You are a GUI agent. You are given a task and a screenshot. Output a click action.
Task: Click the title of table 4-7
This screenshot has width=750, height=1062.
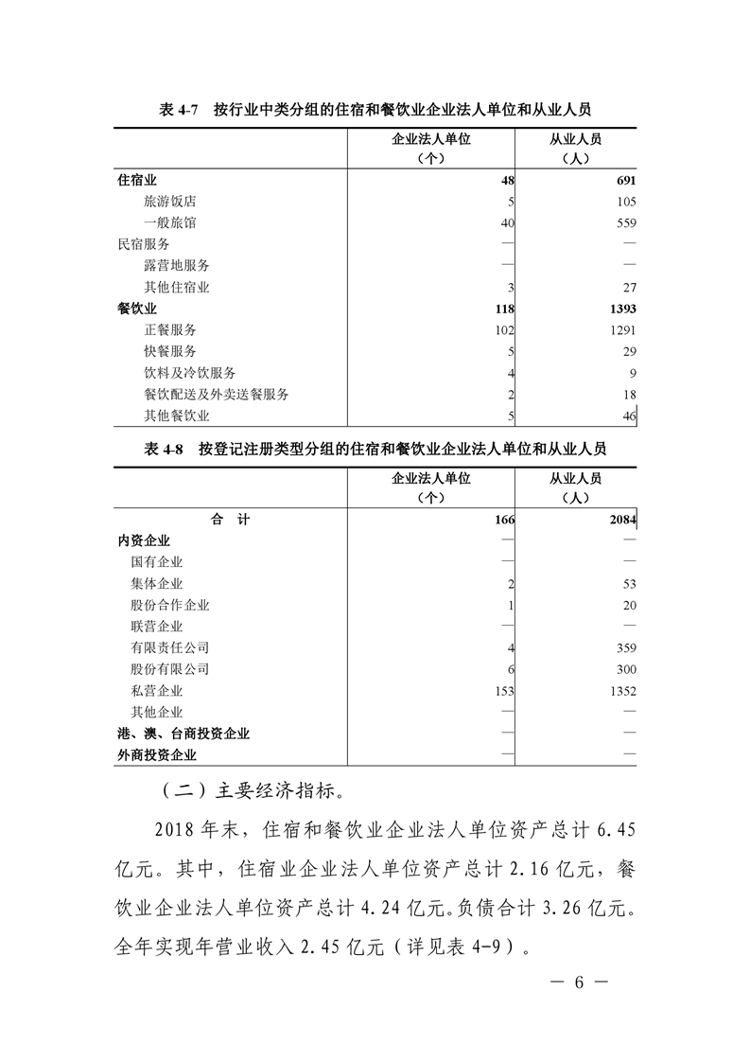(x=375, y=109)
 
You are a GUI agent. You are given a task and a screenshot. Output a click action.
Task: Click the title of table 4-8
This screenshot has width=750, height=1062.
(x=375, y=449)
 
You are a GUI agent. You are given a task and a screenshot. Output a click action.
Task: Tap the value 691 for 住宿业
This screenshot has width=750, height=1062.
(x=625, y=180)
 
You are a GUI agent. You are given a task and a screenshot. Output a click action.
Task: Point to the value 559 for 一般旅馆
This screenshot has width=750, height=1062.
(x=625, y=223)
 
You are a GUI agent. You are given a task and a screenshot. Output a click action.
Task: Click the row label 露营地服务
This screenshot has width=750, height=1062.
(x=177, y=266)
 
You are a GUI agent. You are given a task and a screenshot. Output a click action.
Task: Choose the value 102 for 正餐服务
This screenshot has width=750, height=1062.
(x=502, y=330)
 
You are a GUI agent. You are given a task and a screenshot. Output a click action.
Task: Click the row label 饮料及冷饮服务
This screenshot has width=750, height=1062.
(x=190, y=373)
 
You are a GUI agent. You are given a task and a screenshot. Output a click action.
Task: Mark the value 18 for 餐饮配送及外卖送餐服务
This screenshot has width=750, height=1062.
(x=629, y=395)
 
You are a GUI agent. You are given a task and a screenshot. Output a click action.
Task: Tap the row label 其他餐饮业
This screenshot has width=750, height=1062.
(x=177, y=416)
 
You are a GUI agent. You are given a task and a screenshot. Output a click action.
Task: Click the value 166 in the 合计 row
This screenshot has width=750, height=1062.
(x=503, y=520)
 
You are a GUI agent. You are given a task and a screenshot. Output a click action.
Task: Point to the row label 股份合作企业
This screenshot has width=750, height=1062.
(x=170, y=605)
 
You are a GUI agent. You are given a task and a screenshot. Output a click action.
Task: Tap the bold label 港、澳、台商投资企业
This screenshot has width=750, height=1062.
(x=183, y=734)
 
